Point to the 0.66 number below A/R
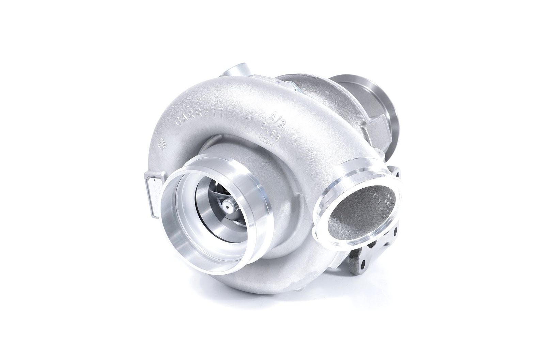coord(271,129)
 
